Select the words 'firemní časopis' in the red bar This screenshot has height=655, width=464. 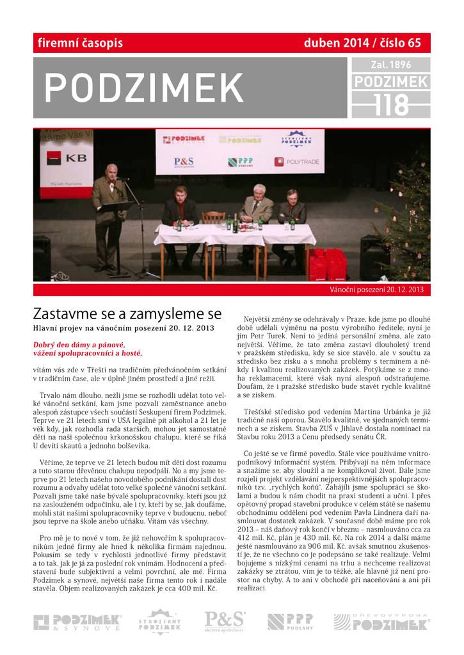coord(80,43)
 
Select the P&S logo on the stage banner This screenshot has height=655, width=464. coord(184,162)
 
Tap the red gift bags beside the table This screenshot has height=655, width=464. coord(327,264)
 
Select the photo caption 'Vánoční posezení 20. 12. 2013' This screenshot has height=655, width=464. coord(376,290)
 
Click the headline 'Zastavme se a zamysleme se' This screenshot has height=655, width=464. coord(127,314)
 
